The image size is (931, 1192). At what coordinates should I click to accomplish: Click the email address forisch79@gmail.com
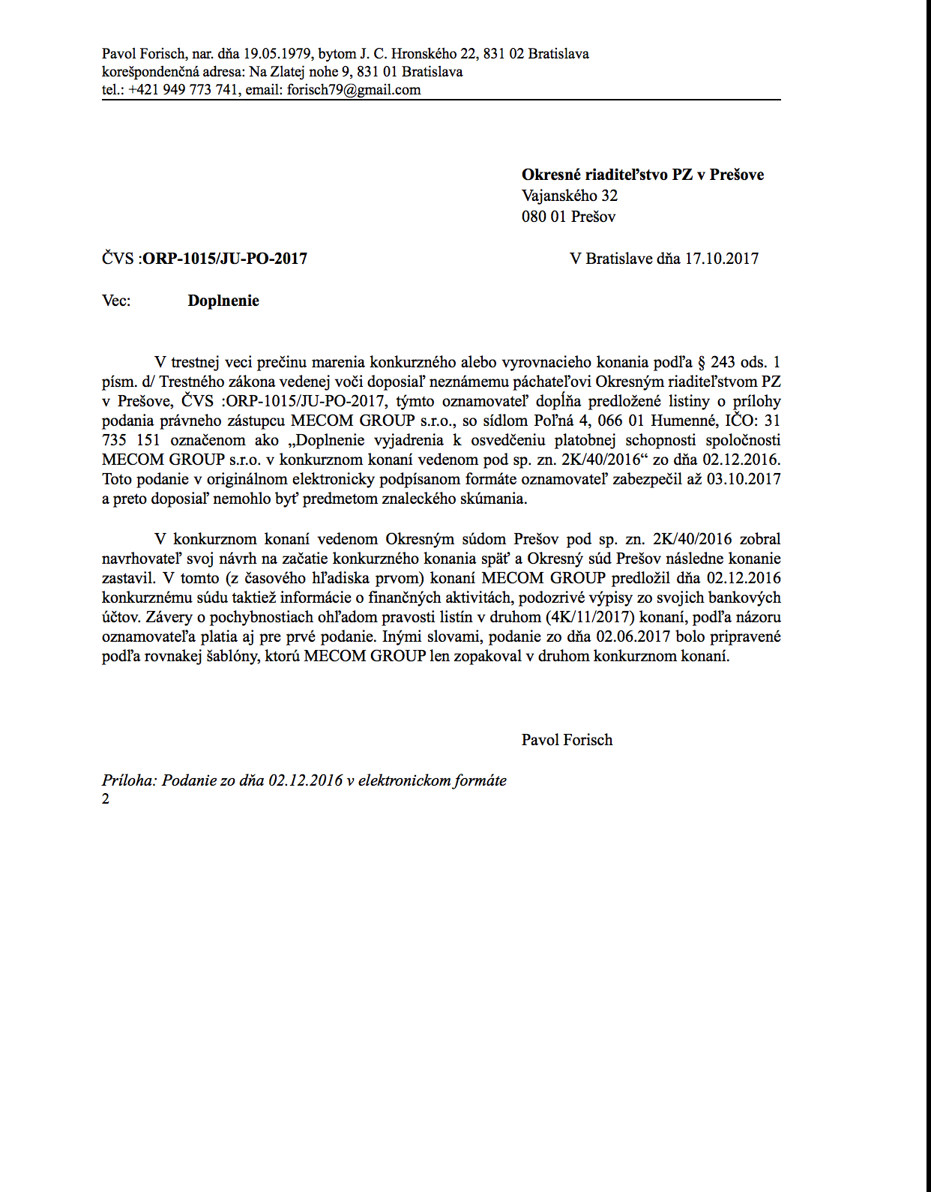pyautogui.click(x=354, y=90)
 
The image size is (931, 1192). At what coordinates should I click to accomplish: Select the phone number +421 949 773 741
pyautogui.click(x=183, y=90)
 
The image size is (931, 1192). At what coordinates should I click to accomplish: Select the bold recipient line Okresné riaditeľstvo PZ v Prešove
pyautogui.click(x=642, y=175)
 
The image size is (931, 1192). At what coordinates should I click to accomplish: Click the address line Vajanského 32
pyautogui.click(x=570, y=196)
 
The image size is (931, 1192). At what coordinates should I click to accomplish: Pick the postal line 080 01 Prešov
pyautogui.click(x=568, y=217)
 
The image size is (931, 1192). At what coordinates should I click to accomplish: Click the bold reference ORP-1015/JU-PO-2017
pyautogui.click(x=225, y=259)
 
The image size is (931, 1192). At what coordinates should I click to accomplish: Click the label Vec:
pyautogui.click(x=116, y=301)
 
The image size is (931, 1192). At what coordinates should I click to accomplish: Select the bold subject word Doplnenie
pyautogui.click(x=223, y=301)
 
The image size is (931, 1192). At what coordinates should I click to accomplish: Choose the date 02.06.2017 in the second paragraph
pyautogui.click(x=633, y=636)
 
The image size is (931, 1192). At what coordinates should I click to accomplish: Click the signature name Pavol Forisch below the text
pyautogui.click(x=567, y=740)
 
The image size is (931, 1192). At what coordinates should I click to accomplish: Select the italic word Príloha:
pyautogui.click(x=130, y=780)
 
